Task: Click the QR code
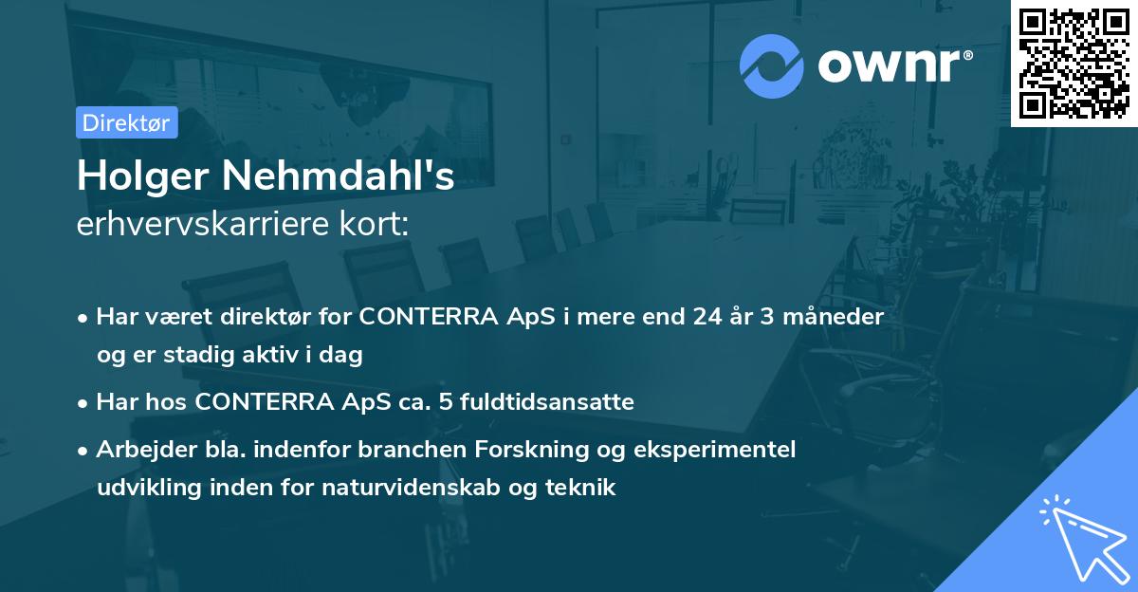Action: point(1074,63)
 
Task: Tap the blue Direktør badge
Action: point(126,122)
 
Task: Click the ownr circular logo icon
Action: point(771,66)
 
